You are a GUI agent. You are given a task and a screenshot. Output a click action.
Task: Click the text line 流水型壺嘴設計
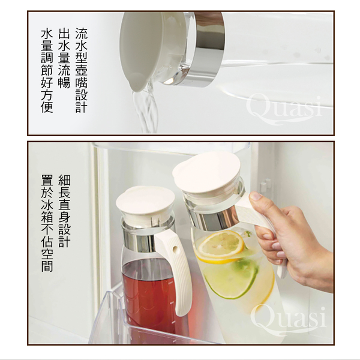pos(81,70)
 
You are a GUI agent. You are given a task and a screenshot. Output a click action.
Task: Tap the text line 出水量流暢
pos(64,58)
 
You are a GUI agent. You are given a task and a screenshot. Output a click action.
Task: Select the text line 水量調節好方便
pos(47,70)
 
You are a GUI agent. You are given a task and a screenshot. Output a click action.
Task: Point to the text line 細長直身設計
pos(65,211)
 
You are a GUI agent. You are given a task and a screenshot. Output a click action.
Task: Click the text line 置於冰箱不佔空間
pos(47,223)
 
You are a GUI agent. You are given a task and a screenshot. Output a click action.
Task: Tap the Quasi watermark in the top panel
pos(284,110)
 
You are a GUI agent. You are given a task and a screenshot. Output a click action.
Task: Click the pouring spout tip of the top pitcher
pos(136,89)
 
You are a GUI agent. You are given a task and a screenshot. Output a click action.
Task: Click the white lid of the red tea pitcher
pos(145,203)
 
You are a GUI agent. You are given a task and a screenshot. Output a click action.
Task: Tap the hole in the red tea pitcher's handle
pos(175,249)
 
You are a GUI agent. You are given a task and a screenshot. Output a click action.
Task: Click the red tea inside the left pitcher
pos(149,296)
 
